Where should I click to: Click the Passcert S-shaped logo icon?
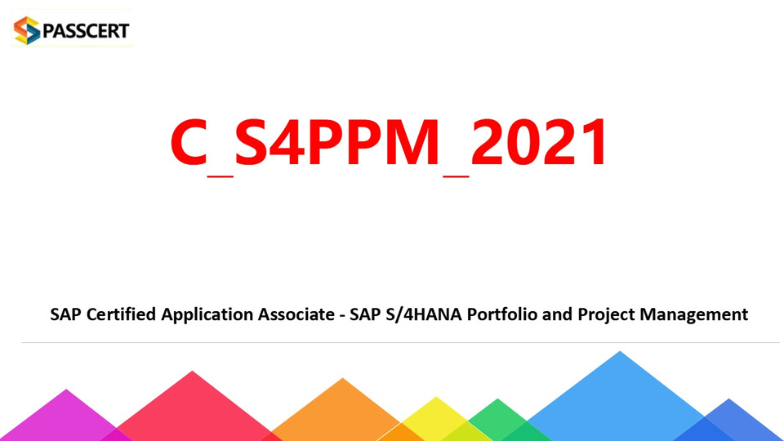pos(26,30)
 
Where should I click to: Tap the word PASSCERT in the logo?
pos(86,30)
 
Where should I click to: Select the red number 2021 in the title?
pos(540,141)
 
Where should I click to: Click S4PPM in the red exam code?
pos(336,141)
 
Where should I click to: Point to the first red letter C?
pos(189,141)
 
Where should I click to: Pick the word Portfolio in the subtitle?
pos(502,314)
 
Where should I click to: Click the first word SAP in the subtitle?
pos(65,314)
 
